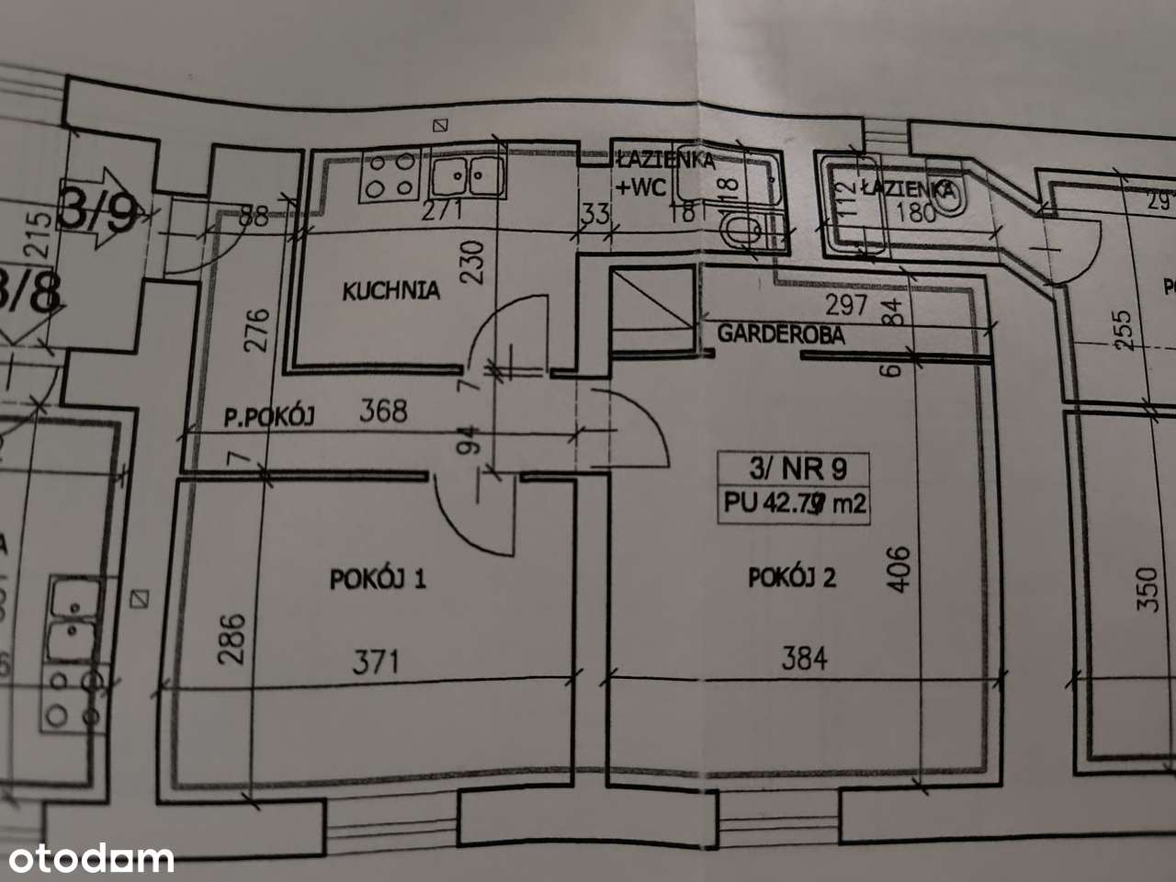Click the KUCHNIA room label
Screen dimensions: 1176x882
390,291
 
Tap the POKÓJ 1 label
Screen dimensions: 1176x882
378,579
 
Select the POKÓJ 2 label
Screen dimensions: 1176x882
791,578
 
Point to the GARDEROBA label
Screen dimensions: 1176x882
780,334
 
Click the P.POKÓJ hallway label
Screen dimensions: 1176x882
269,417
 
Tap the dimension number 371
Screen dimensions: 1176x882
377,661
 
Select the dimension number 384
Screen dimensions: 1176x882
804,658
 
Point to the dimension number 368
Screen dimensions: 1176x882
383,410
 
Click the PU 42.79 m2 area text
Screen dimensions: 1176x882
796,503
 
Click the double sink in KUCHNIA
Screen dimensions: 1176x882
468,175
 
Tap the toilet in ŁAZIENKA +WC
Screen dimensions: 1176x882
740,232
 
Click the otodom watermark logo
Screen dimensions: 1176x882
87,858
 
